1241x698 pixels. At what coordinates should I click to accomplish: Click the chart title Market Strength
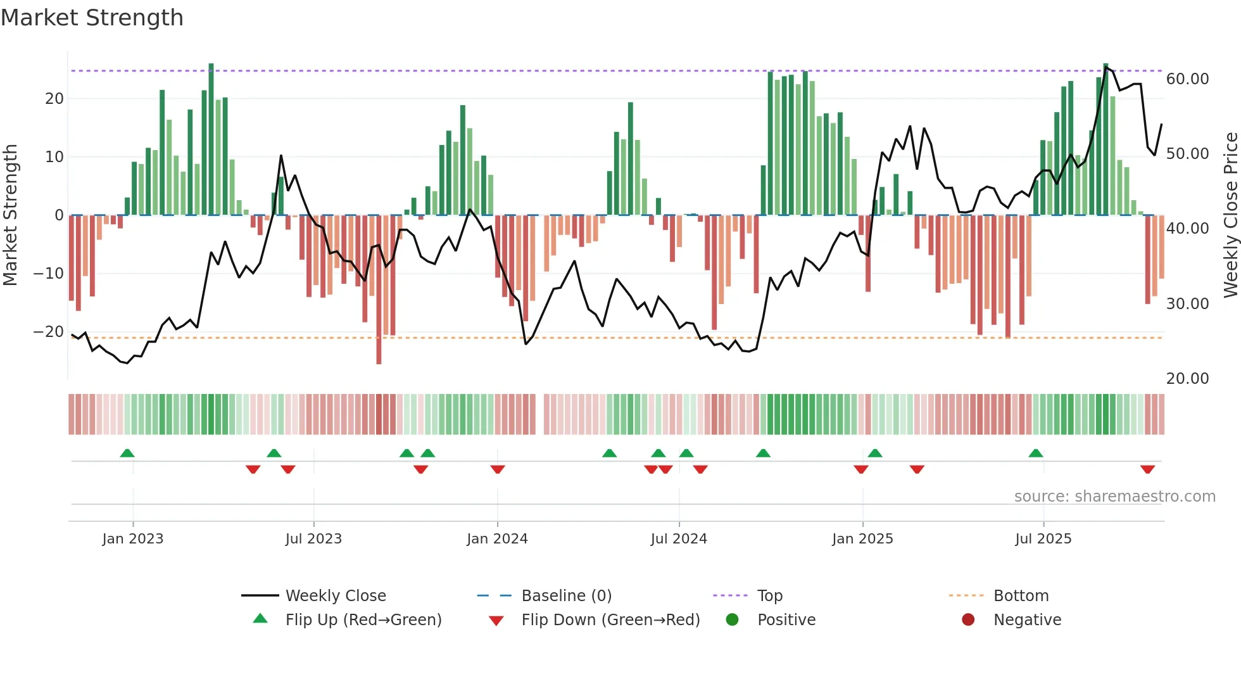pos(92,18)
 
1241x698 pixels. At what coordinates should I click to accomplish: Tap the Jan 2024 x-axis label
pos(497,538)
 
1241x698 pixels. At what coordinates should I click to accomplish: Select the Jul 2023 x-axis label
pos(313,538)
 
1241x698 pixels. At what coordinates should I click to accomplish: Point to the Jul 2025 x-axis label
pos(1043,538)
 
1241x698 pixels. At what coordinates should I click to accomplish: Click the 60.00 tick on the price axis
pos(1187,79)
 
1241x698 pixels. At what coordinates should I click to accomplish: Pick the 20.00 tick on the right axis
pos(1187,378)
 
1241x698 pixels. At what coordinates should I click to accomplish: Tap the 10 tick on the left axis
pos(54,156)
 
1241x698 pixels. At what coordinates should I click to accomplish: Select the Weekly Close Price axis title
pos(1230,215)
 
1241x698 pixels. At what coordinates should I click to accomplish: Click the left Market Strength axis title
pos(11,215)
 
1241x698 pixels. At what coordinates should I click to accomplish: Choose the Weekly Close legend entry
pos(336,595)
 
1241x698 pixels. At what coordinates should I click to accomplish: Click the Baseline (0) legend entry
pos(566,595)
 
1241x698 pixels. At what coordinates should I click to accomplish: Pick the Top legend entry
pos(770,595)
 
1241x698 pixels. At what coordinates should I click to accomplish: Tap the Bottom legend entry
pos(1021,595)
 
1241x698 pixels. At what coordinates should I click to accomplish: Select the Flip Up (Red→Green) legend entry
pos(363,619)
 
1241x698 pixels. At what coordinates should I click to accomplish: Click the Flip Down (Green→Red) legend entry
pos(610,619)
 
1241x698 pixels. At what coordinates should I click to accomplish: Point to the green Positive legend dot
pos(732,619)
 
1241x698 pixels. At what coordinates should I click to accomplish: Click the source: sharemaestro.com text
pos(1114,496)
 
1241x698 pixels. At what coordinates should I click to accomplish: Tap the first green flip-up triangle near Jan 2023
pos(127,453)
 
